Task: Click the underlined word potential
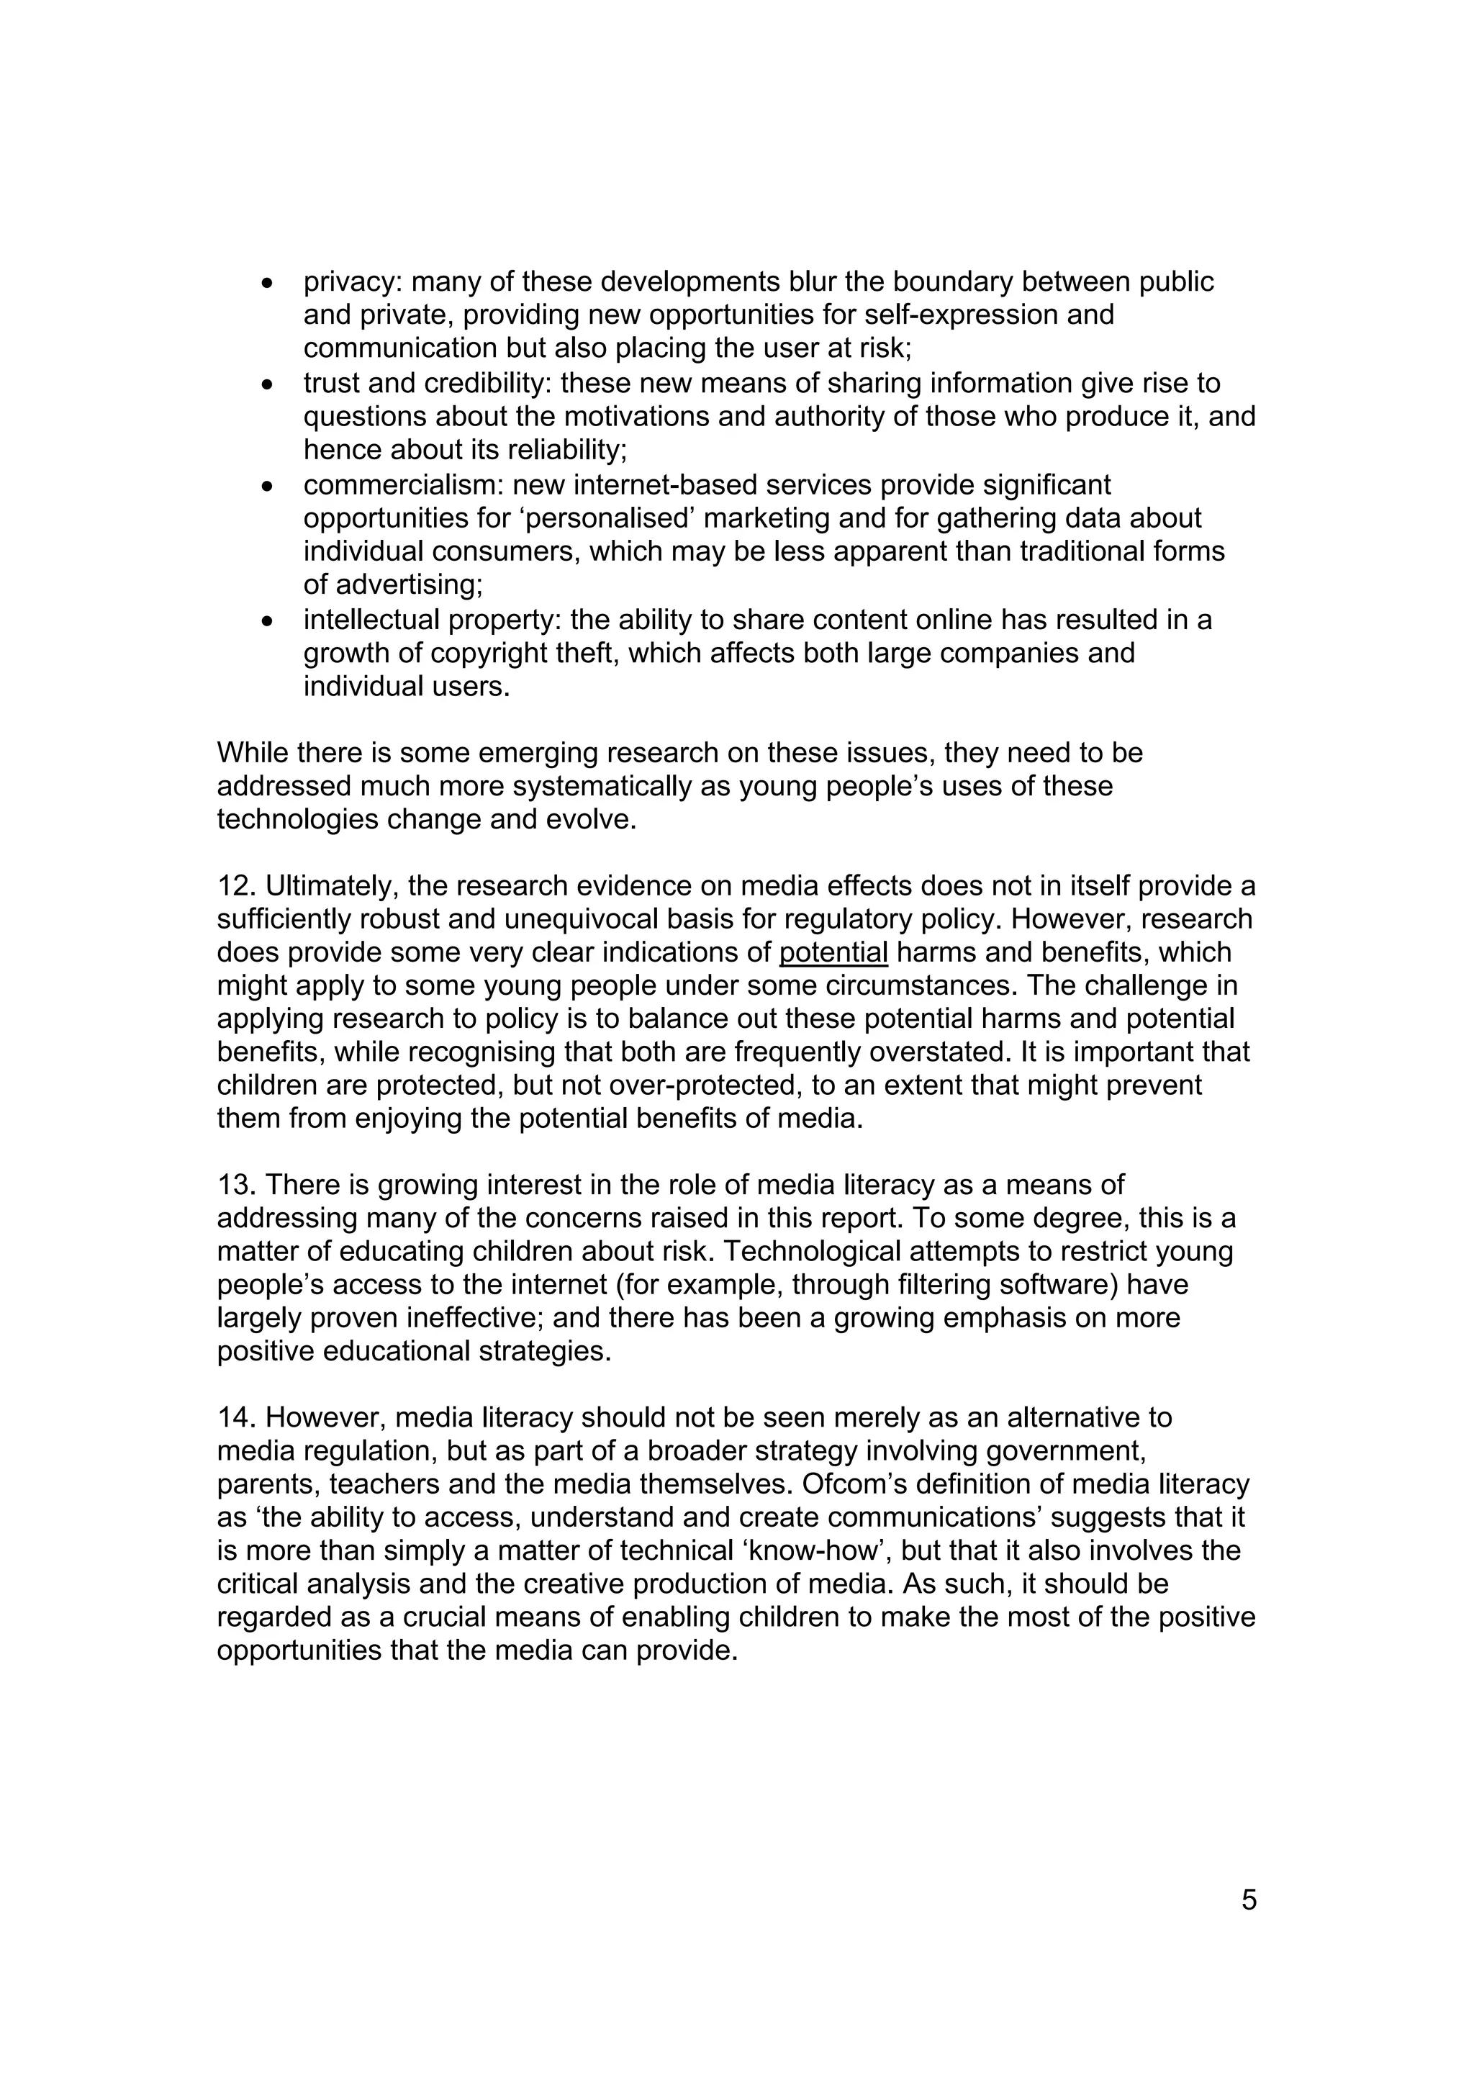[833, 952]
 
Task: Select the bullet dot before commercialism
[267, 487]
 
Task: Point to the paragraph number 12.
[235, 886]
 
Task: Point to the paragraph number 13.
[235, 1185]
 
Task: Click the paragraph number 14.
[235, 1417]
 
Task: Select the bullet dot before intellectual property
[267, 621]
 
